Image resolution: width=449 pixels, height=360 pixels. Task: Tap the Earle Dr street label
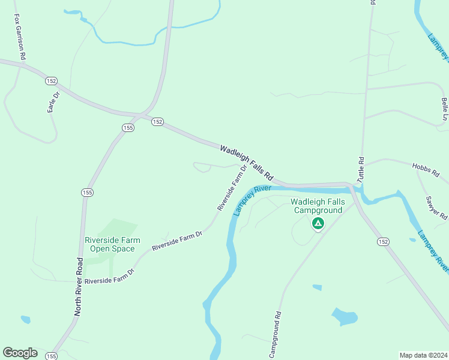tap(54, 103)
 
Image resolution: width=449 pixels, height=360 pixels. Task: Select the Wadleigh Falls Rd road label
tap(247, 163)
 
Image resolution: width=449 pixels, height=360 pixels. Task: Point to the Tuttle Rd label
tap(361, 170)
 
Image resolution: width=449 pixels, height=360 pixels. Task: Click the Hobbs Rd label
tap(426, 169)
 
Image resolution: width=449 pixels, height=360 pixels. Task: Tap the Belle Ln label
tap(444, 109)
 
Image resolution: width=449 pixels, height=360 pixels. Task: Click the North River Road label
tap(78, 287)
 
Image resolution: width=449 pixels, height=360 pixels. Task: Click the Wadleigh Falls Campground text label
tap(318, 206)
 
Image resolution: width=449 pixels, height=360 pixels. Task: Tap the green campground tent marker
tap(318, 224)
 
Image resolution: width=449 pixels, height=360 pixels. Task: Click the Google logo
tap(20, 353)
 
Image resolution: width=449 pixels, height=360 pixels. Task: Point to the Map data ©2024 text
tap(424, 355)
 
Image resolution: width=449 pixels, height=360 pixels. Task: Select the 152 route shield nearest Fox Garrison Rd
tap(51, 80)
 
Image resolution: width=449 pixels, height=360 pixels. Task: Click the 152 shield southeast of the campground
tap(383, 241)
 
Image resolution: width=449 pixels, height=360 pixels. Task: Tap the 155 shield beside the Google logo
tap(52, 356)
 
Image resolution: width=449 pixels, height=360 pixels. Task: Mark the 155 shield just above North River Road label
tap(86, 192)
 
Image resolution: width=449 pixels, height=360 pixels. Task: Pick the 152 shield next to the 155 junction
tap(157, 121)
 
